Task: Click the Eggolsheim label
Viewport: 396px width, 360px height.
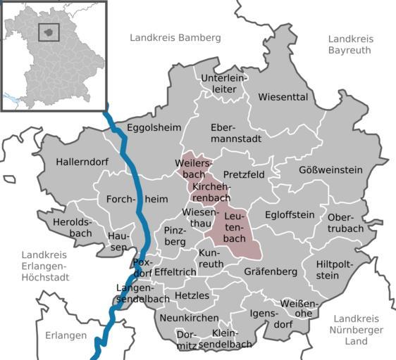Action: pos(154,127)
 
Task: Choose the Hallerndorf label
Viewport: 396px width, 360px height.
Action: pos(82,162)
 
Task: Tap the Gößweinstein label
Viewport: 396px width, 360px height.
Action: pos(330,170)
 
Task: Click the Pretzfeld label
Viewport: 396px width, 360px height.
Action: pos(244,174)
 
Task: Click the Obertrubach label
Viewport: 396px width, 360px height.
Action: pos(345,222)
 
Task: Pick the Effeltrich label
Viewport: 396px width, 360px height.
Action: pos(175,271)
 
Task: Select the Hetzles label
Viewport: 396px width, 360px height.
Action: pos(191,295)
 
